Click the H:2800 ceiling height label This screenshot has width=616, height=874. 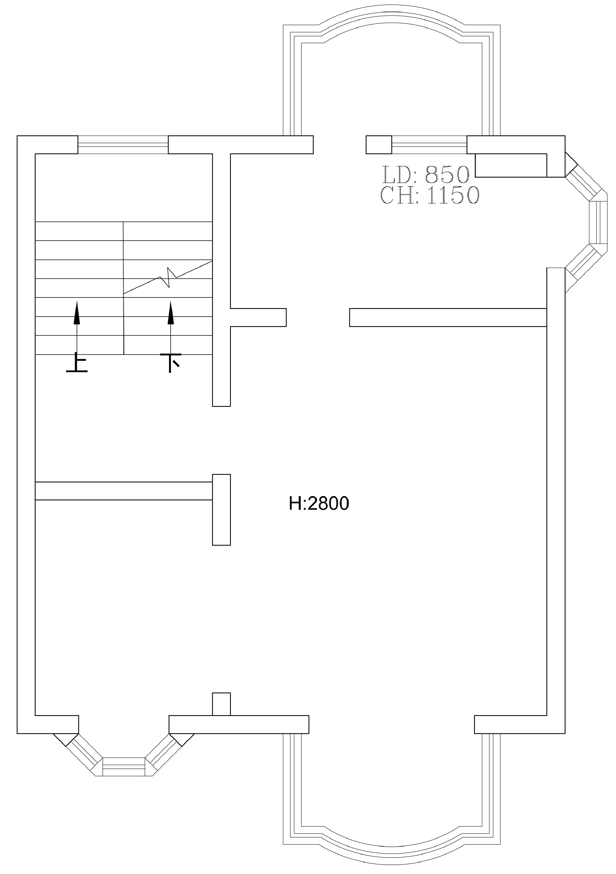point(319,503)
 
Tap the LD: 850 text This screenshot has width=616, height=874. point(426,175)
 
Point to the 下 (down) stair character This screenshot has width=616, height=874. point(170,363)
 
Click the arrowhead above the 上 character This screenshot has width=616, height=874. point(77,312)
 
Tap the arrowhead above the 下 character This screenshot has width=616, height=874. point(171,312)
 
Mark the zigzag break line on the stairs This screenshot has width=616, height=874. point(168,277)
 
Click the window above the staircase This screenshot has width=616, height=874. point(123,145)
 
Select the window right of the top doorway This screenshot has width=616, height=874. point(430,145)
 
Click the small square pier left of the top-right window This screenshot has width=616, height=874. point(379,145)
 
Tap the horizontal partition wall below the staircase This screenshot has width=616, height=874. point(124,491)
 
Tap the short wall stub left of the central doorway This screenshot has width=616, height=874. point(258,317)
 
